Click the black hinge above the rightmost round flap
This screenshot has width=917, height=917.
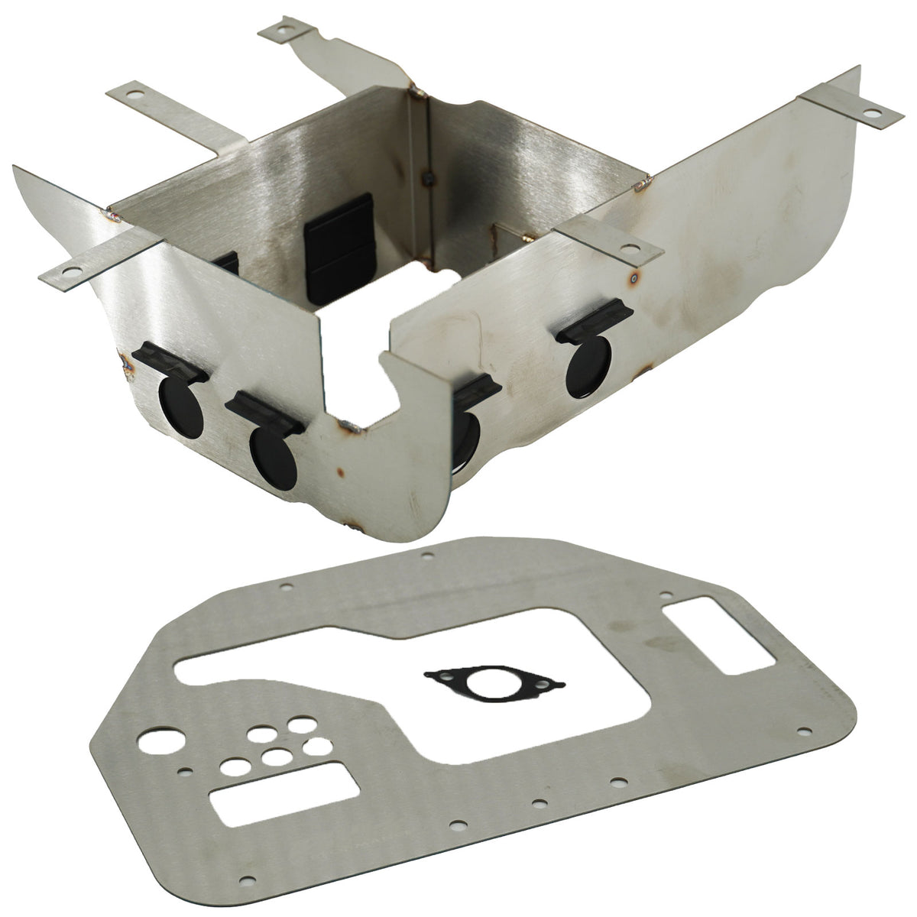(595, 329)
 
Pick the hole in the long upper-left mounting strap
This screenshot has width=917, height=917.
(136, 96)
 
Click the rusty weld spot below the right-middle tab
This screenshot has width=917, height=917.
(633, 280)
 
